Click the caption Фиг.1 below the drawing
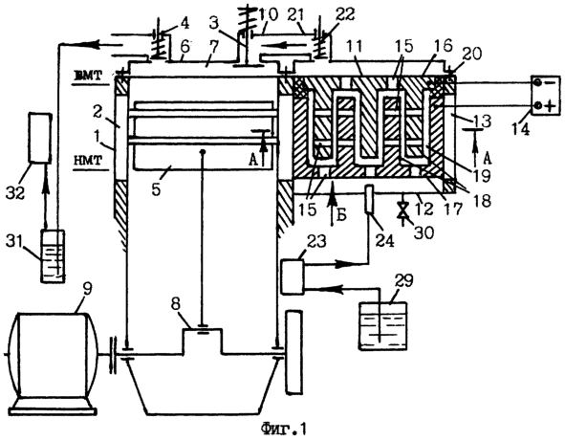click(283, 429)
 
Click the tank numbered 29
click(383, 325)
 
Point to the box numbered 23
click(293, 276)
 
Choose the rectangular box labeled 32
click(39, 138)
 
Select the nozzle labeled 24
click(370, 199)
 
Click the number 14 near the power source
click(520, 129)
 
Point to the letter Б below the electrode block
click(342, 215)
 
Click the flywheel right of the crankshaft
click(294, 352)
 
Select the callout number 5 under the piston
click(156, 189)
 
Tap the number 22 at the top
click(345, 14)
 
